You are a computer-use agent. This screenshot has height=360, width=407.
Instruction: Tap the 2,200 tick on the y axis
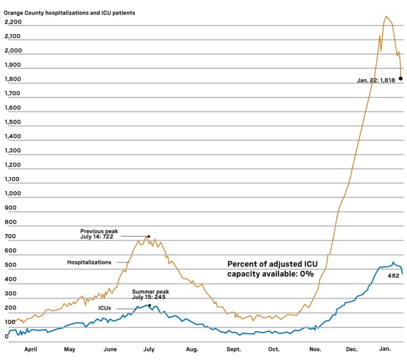pyautogui.click(x=13, y=22)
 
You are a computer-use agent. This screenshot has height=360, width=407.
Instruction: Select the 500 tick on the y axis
pyautogui.click(x=11, y=265)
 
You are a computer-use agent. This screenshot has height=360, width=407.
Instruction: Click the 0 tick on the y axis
pyautogui.click(x=7, y=336)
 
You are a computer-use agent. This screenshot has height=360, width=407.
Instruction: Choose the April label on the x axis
pyautogui.click(x=30, y=350)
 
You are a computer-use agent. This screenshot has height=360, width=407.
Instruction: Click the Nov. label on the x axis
pyautogui.click(x=314, y=350)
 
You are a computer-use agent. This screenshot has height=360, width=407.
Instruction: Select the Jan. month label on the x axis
pyautogui.click(x=386, y=350)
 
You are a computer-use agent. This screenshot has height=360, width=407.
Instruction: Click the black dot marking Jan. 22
pyautogui.click(x=400, y=79)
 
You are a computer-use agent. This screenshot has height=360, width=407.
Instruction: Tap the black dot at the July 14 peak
pyautogui.click(x=148, y=236)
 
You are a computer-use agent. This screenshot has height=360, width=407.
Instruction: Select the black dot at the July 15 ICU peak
pyautogui.click(x=150, y=306)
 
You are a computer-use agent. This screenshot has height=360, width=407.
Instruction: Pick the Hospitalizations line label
pyautogui.click(x=89, y=262)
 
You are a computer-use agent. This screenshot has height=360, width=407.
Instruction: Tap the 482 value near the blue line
pyautogui.click(x=394, y=276)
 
